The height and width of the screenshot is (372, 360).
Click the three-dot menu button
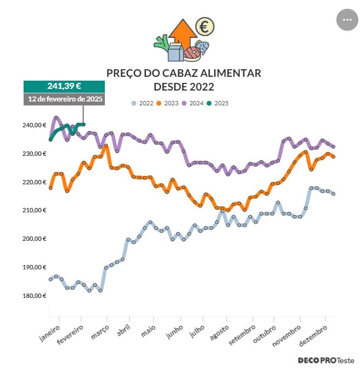pyautogui.click(x=347, y=19)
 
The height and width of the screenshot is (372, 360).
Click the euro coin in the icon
pyautogui.click(x=205, y=26)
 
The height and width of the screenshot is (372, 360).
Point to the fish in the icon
pyautogui.click(x=202, y=47)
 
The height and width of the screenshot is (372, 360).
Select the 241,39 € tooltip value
pyautogui.click(x=64, y=86)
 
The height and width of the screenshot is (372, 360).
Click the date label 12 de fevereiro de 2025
pyautogui.click(x=64, y=99)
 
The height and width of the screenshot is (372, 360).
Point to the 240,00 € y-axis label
pyautogui.click(x=34, y=125)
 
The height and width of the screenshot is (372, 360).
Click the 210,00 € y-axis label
pyautogui.click(x=34, y=210)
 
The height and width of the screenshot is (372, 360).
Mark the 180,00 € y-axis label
pyautogui.click(x=34, y=296)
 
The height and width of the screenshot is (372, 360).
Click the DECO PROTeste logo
pyautogui.click(x=326, y=360)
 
